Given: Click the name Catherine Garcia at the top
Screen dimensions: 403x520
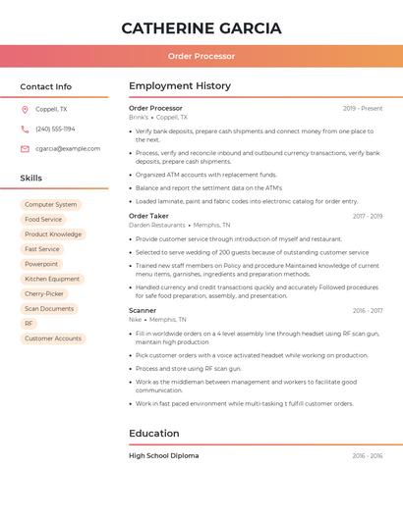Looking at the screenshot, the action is pos(201,28).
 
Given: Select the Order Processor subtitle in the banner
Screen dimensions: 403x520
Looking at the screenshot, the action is pos(201,56).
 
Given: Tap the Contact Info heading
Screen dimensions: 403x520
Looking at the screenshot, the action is pos(46,86).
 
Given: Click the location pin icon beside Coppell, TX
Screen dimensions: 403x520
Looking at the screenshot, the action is pos(25,109).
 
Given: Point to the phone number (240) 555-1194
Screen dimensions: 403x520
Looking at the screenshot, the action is pos(55,129).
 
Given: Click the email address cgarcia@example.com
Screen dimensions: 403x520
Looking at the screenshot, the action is pos(68,148).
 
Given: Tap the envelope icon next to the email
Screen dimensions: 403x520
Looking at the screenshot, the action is pos(25,148).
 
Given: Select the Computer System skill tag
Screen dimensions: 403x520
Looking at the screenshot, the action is pos(50,205).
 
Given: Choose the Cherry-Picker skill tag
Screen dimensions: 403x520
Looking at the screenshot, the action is pos(44,293).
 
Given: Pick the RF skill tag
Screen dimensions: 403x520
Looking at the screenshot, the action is pos(29,323).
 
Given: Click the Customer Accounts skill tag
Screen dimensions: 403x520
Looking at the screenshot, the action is pos(53,338).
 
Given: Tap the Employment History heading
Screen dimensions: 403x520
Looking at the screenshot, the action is pos(180,86).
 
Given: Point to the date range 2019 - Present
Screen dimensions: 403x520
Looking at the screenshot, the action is pos(363,108).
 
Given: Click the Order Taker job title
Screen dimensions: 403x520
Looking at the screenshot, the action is pos(148,216).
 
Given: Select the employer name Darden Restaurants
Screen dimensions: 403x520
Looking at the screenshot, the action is pos(157,226).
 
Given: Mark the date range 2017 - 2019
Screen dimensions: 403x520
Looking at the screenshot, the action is pos(368,216).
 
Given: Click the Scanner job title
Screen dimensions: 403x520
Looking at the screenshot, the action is pos(143,310).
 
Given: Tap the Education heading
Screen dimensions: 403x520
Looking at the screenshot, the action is pos(154,433).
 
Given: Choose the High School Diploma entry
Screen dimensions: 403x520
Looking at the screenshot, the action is pos(163,455).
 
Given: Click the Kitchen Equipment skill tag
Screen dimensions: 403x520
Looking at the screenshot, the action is pos(52,279).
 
